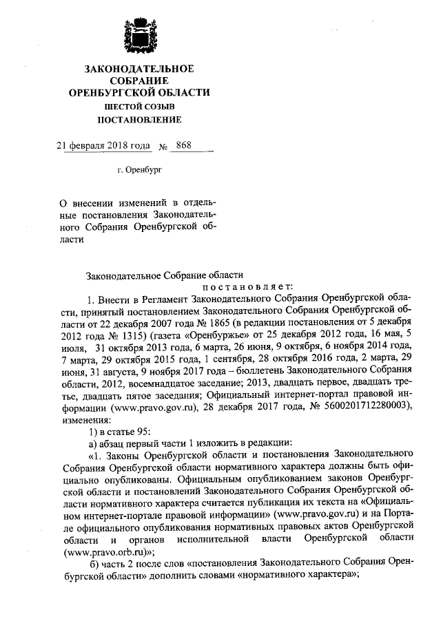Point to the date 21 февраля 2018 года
pyautogui.click(x=103, y=145)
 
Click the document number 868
pyautogui.click(x=184, y=145)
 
